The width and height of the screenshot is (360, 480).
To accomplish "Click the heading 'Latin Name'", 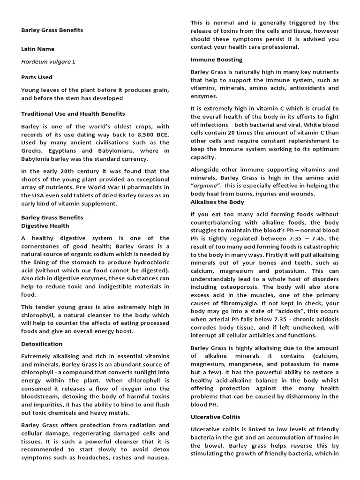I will point(37,49).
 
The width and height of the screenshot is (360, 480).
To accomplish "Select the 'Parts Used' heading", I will point(37,77).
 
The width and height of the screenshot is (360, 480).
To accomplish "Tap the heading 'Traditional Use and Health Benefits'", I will point(73,114).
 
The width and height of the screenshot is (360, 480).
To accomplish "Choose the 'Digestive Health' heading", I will point(45,225).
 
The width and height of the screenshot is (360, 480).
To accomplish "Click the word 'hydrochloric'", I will point(149,262).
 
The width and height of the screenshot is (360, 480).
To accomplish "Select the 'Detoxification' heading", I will point(42,344).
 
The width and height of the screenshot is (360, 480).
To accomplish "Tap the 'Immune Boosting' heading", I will point(216,60).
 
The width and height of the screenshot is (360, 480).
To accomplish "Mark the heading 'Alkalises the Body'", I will point(217,202).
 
